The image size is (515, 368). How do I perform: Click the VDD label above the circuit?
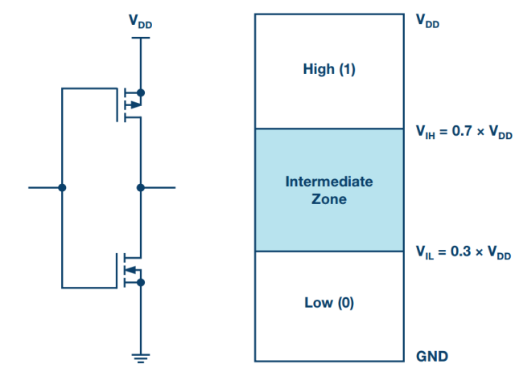coord(141,22)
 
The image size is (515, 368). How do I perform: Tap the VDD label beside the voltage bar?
coord(427,21)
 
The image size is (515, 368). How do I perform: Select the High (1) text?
coord(329,69)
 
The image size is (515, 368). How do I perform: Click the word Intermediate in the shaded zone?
coord(329,182)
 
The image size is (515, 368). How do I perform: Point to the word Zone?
coord(329,199)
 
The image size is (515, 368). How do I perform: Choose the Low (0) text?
coord(329,302)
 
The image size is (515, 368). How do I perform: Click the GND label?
coord(432,356)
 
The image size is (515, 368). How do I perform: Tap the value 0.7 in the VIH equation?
coord(462,131)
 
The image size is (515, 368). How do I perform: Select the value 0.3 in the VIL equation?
coord(461,251)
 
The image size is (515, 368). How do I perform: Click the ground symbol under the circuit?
coord(141,358)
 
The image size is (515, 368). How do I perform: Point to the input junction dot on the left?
coord(62,187)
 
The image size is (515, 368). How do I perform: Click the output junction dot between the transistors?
coord(141,187)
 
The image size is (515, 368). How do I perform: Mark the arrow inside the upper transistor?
coord(135,105)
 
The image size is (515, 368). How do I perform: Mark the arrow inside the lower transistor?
coord(130,270)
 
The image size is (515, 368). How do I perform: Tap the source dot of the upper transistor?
coord(141,93)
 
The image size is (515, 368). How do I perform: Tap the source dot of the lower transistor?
coord(141,282)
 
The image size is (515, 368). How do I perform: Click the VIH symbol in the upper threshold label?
coord(426,133)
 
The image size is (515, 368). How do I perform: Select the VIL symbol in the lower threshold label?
coord(425,252)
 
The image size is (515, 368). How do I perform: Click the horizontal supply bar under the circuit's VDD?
coord(141,38)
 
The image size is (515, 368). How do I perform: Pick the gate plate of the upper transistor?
coord(117,104)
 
